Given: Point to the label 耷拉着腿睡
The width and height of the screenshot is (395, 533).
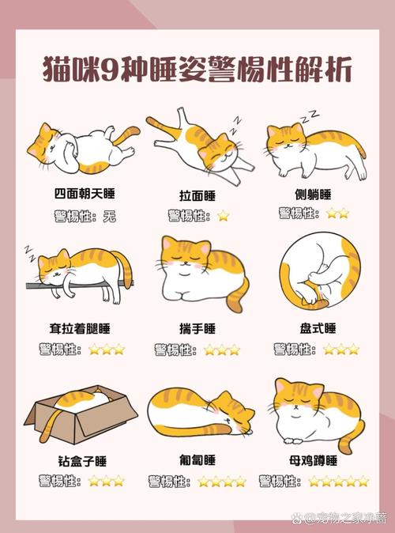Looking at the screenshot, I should click(75, 327).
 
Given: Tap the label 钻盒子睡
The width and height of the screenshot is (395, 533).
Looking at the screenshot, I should click(77, 460).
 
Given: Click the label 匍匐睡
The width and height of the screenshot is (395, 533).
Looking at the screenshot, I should click(197, 460).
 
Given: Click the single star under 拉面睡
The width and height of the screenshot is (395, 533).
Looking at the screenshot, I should click(224, 215).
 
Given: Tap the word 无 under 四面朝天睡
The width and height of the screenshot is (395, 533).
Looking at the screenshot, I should click(109, 215).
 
